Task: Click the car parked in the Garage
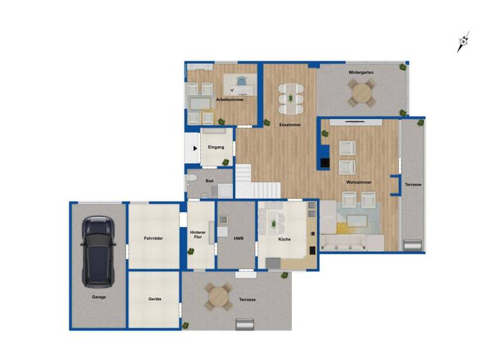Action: click(x=98, y=251)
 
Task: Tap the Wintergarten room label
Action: click(x=361, y=73)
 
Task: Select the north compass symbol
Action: click(x=463, y=42)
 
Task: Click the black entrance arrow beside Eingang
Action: click(x=195, y=148)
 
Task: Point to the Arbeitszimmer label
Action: click(x=230, y=100)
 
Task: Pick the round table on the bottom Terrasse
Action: click(x=219, y=297)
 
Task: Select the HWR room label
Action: click(x=239, y=239)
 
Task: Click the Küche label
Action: click(x=284, y=239)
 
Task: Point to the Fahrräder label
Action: click(x=154, y=239)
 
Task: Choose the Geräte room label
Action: click(x=154, y=299)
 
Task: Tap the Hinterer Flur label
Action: click(x=198, y=234)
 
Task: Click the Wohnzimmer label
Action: click(x=357, y=183)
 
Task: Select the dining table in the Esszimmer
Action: click(x=291, y=98)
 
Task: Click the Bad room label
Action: click(x=209, y=181)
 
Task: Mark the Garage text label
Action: click(x=98, y=297)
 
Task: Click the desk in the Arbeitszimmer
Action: click(x=241, y=84)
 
